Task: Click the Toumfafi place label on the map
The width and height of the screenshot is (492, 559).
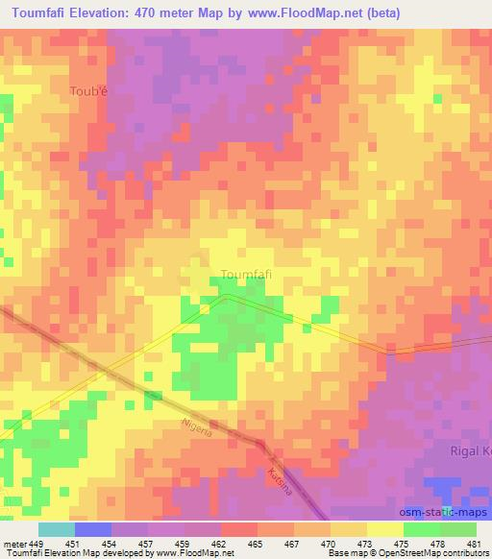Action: [x=246, y=274]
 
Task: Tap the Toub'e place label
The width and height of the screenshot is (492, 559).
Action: [x=89, y=92]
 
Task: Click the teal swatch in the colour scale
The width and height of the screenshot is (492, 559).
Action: [x=56, y=529]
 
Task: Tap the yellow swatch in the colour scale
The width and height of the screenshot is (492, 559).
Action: [x=384, y=529]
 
